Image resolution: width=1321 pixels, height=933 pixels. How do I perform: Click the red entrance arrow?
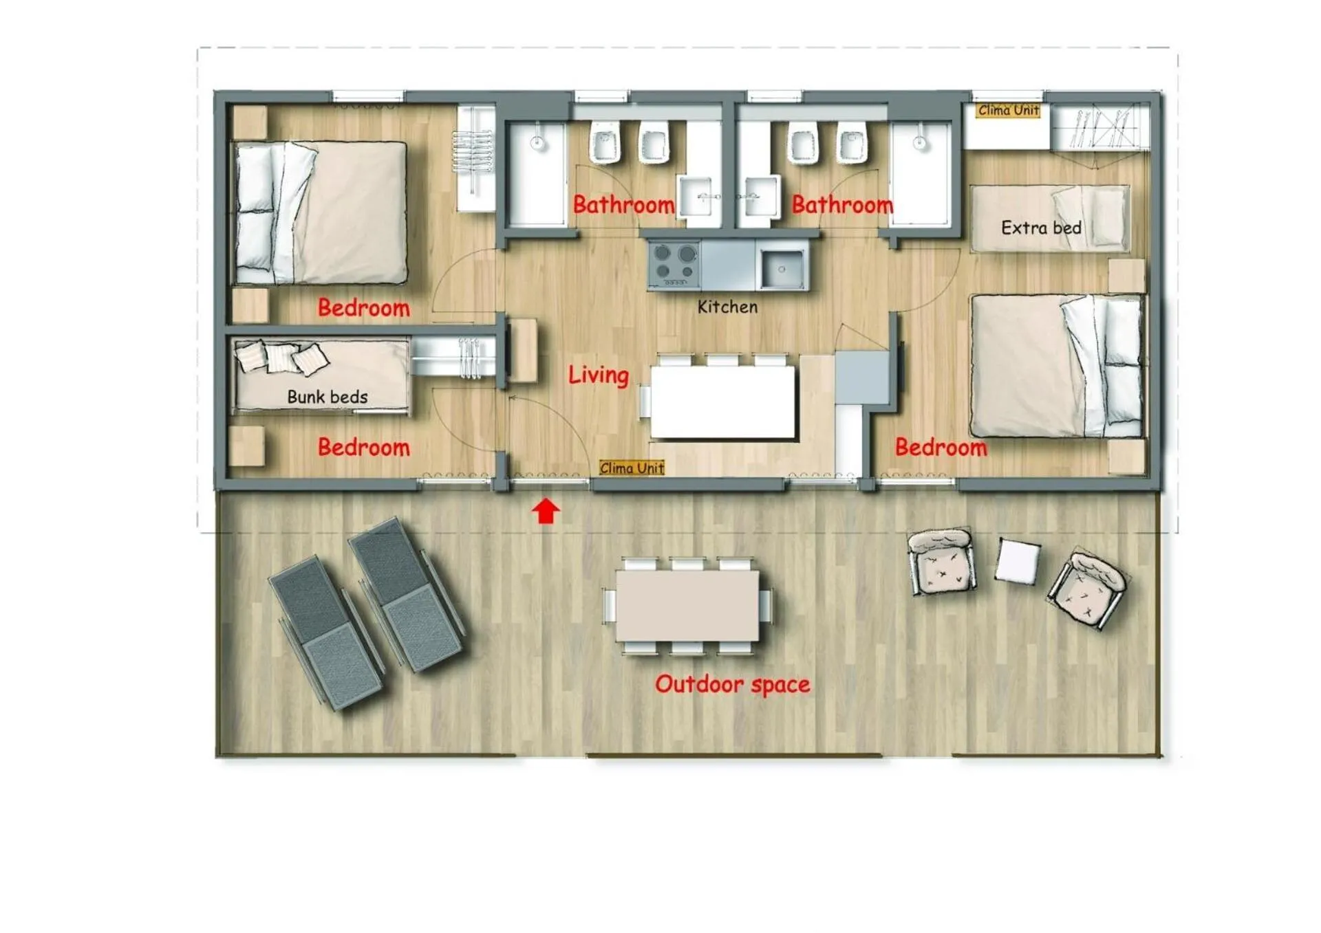pos(546,512)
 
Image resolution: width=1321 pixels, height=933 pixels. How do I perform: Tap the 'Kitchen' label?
pos(727,307)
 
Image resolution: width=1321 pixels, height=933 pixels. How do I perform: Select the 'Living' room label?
pos(599,375)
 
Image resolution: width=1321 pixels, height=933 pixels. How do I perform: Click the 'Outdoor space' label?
pos(732,684)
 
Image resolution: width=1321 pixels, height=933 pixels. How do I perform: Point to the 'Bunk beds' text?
pos(327,397)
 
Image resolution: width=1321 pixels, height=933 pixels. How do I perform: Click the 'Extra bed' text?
pos(1041,228)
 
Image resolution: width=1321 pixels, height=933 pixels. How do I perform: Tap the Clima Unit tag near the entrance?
pos(632,468)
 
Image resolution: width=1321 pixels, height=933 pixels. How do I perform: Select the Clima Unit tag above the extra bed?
pos(1009,110)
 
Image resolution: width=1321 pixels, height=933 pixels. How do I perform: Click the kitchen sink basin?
pos(782,269)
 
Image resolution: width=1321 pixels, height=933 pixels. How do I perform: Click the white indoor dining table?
pos(723,402)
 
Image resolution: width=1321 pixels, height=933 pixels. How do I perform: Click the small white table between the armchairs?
pos(1018,561)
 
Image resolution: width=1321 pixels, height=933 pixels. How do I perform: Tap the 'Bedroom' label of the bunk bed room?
pos(363,448)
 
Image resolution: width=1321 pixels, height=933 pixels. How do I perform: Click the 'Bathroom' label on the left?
pos(623,204)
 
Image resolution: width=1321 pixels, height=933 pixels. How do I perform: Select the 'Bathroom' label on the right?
pos(842,204)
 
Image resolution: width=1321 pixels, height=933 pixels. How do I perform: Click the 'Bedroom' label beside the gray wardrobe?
pos(941,448)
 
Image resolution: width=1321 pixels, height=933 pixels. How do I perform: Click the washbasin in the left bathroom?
pos(698,197)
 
